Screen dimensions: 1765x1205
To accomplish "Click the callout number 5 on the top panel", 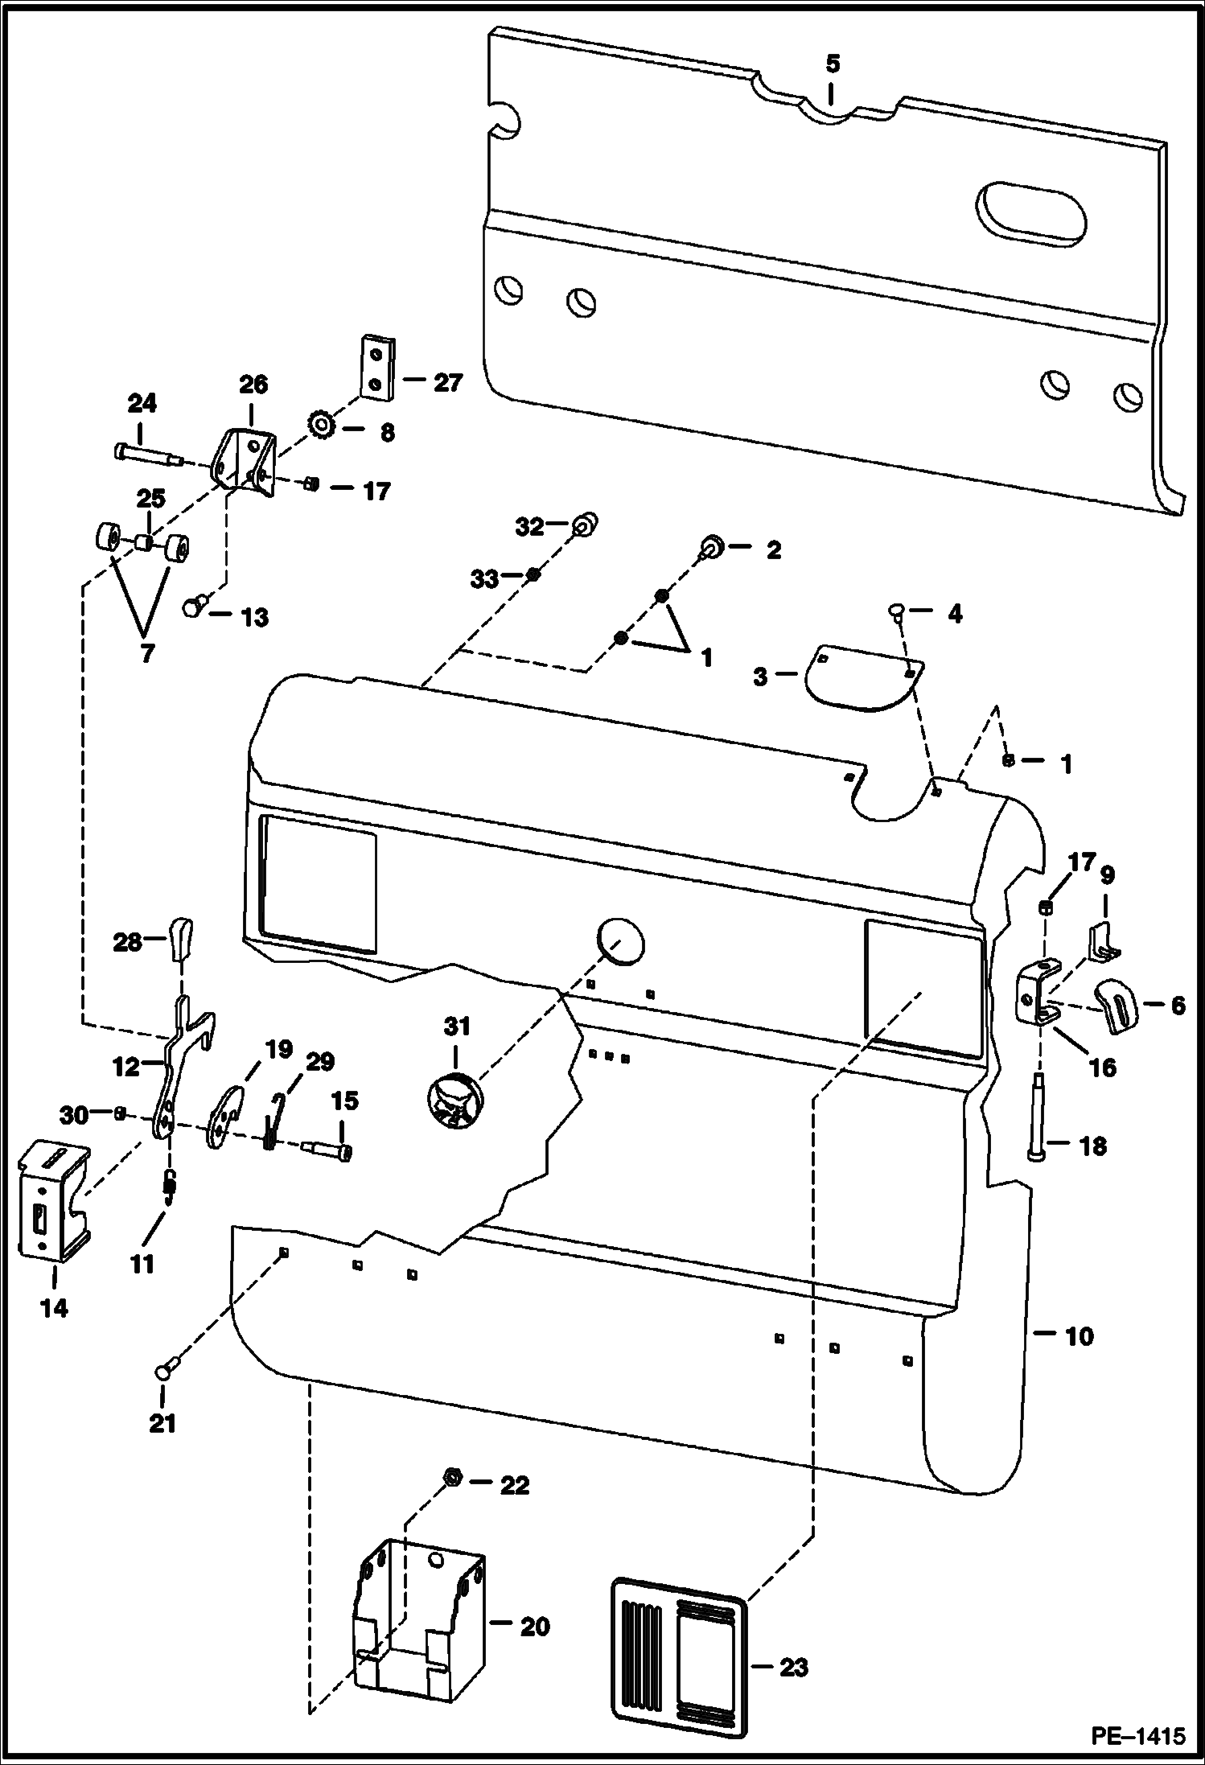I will [832, 64].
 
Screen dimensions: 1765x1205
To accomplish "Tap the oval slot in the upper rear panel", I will [1031, 213].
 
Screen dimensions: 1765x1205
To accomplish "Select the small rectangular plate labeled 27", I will [376, 367].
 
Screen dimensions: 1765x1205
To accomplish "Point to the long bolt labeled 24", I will [147, 455].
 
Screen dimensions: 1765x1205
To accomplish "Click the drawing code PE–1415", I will [1137, 1735].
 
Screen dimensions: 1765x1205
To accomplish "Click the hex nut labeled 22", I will [451, 1478].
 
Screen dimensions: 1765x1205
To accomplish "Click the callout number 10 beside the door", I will [1079, 1336].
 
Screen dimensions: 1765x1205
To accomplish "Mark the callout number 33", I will [484, 578].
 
